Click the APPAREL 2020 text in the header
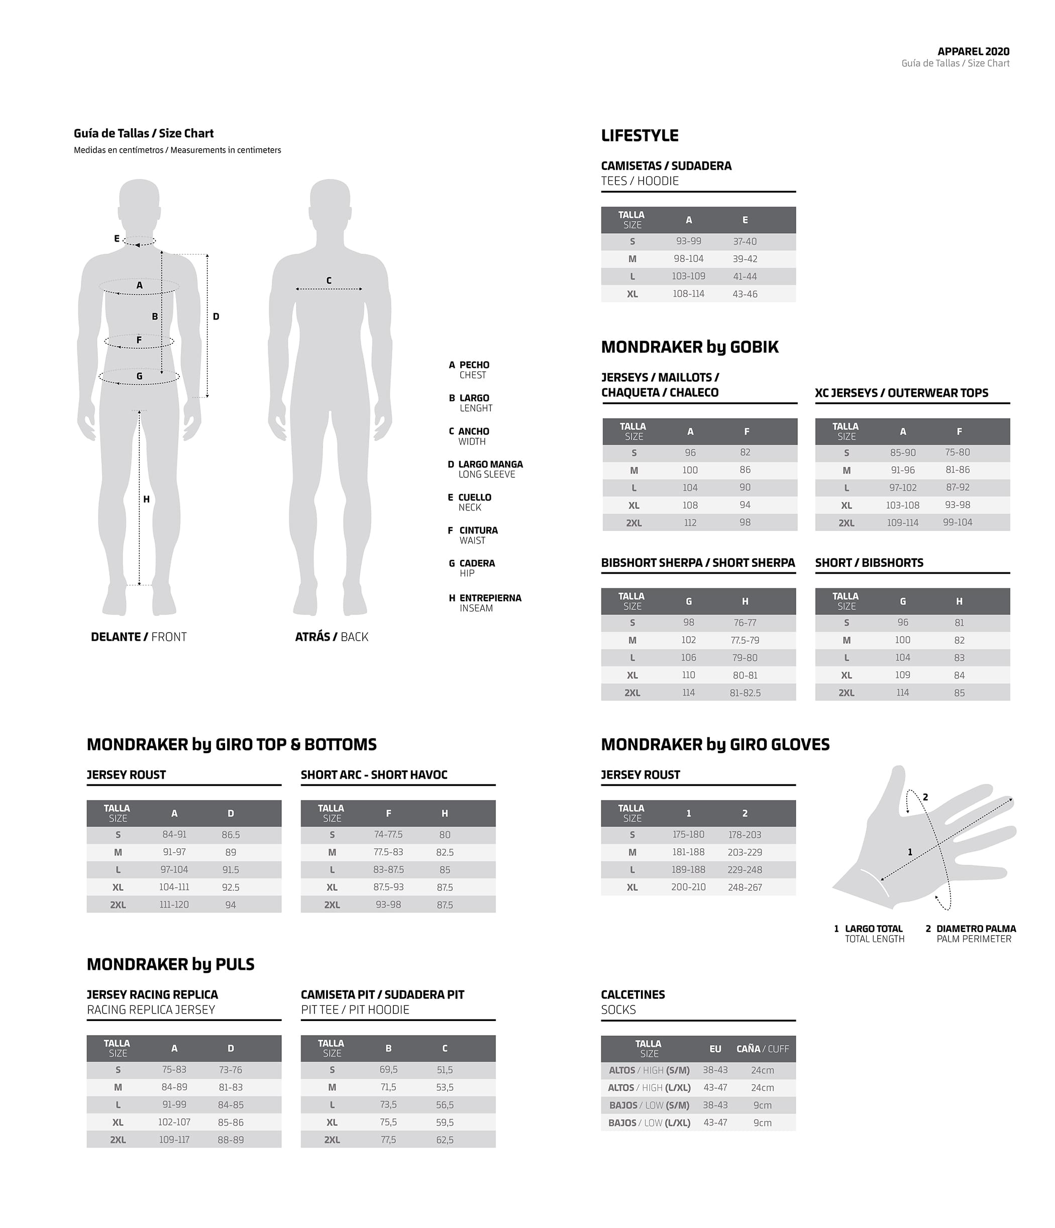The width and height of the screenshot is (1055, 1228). point(973,52)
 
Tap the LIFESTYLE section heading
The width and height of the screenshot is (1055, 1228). point(640,136)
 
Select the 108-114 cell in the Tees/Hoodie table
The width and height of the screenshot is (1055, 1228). point(688,294)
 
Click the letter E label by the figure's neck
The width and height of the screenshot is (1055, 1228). point(117,239)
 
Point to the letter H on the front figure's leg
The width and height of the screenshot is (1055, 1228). point(146,499)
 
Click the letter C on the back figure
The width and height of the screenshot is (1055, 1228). point(329,281)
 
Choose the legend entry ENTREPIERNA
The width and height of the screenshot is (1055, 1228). point(490,598)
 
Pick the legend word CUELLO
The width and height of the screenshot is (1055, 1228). point(475,497)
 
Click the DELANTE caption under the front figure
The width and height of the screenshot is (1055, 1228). point(116,637)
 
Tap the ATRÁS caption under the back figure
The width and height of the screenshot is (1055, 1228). point(312,637)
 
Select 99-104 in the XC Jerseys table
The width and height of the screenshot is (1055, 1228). point(957,523)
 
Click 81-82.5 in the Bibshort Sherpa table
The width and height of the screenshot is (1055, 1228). point(745,693)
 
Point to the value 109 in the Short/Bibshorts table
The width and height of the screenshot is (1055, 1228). point(903,675)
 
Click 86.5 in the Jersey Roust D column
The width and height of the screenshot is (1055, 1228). point(231,835)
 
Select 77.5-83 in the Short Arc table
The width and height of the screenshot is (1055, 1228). point(388,852)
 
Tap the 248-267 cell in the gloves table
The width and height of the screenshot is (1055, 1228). point(745,887)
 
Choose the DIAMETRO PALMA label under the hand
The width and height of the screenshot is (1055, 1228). point(976,929)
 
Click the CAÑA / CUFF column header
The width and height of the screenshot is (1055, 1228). point(762,1049)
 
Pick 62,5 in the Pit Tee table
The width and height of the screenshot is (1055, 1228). point(445,1140)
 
